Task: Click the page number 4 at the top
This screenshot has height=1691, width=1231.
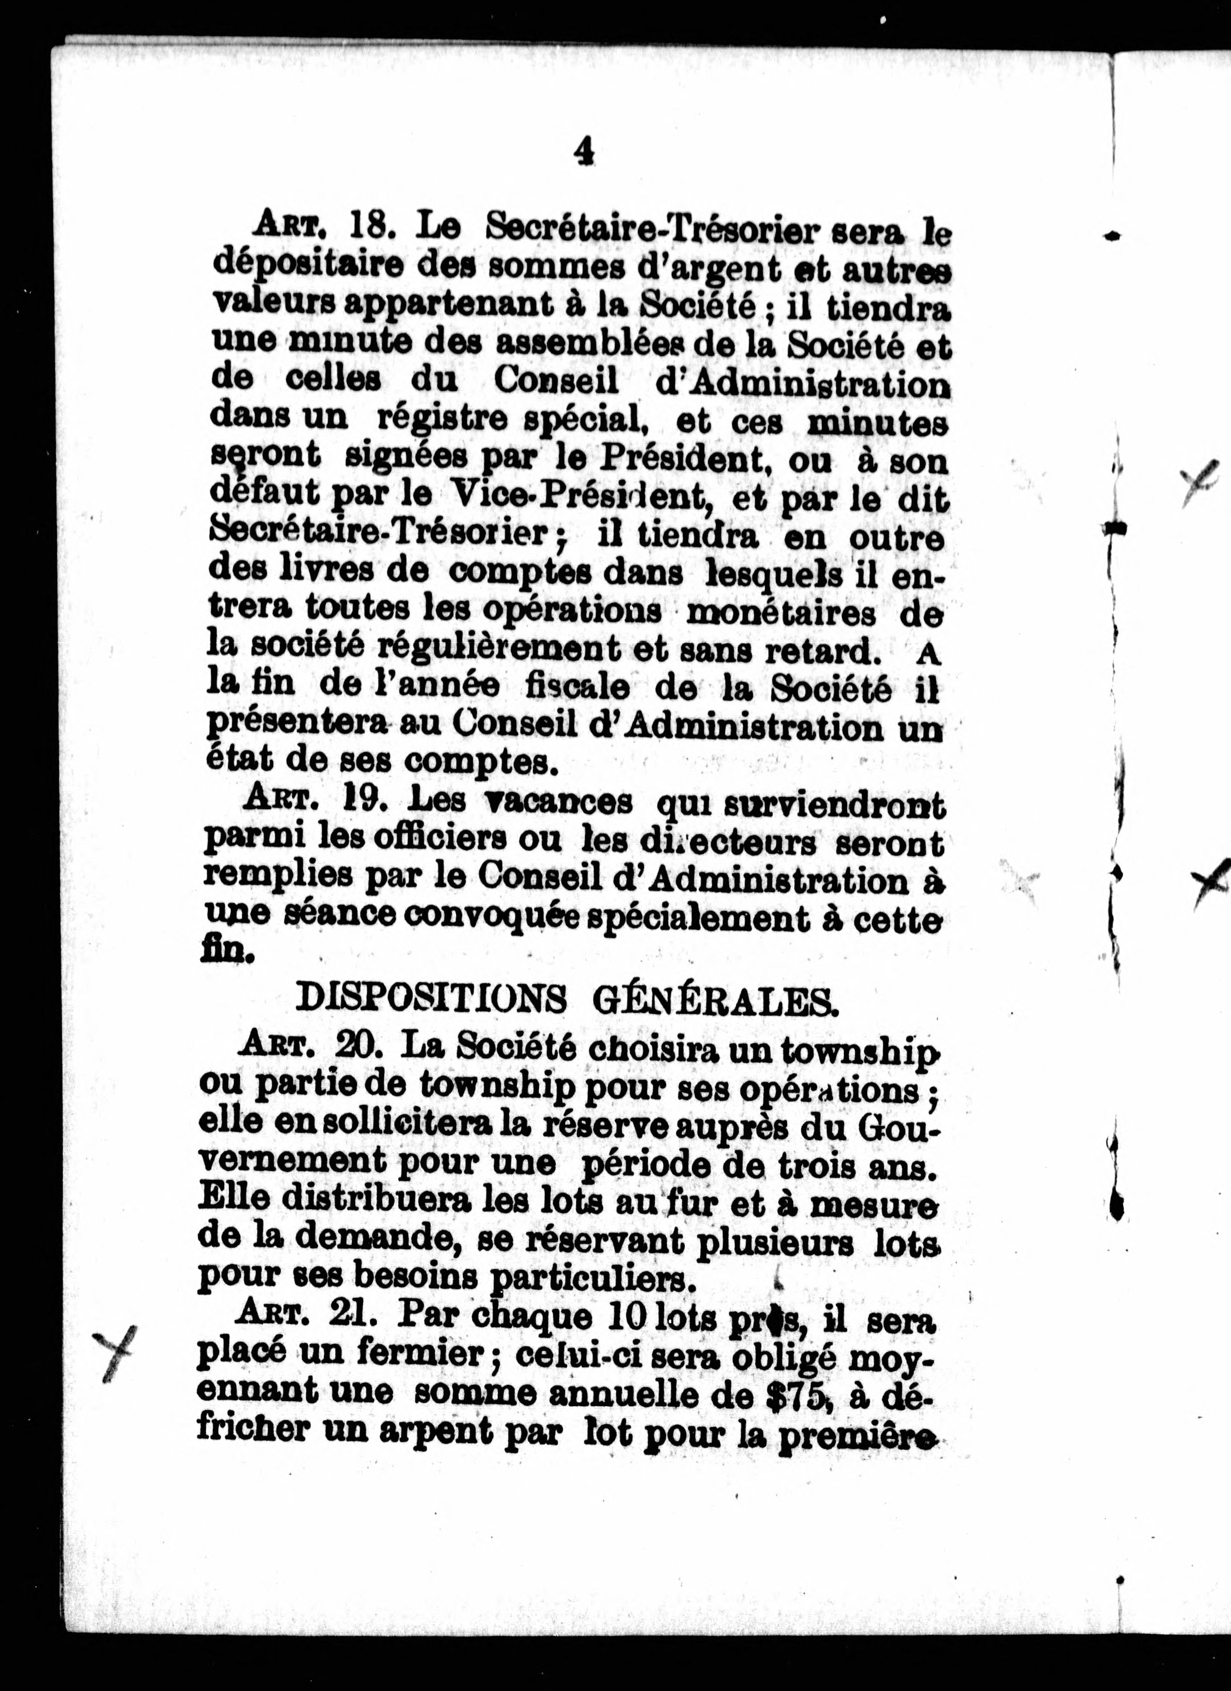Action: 584,152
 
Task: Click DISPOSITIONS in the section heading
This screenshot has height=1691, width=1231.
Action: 430,998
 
